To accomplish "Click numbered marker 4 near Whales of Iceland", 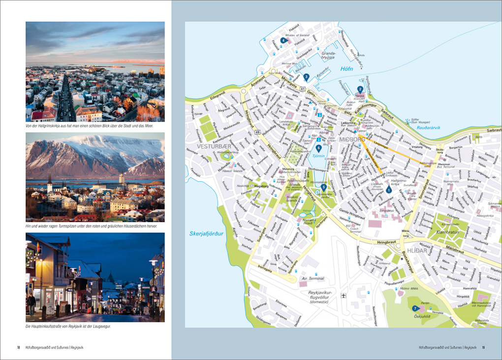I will pos(283,40).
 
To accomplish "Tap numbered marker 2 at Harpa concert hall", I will pos(360,89).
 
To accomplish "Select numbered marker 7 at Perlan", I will pos(414,308).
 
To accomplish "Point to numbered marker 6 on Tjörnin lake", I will pos(318,148).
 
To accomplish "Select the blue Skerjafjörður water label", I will pos(207,234).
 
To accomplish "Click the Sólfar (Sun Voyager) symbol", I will pos(407,121).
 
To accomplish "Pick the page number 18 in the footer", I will pos(18,347).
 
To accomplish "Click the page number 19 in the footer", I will pos(483,347).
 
